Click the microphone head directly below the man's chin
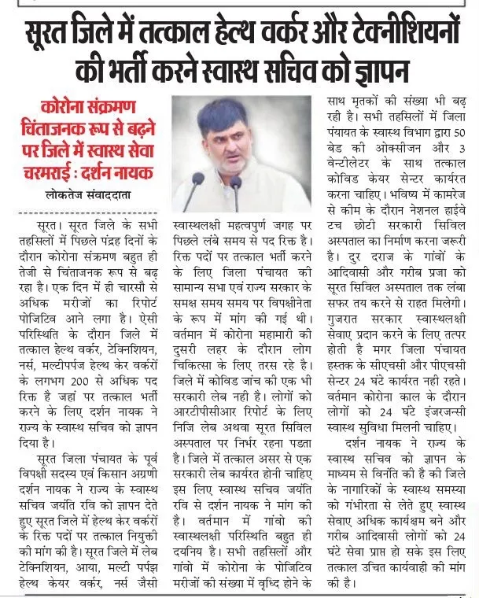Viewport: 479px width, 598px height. pyautogui.click(x=235, y=183)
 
